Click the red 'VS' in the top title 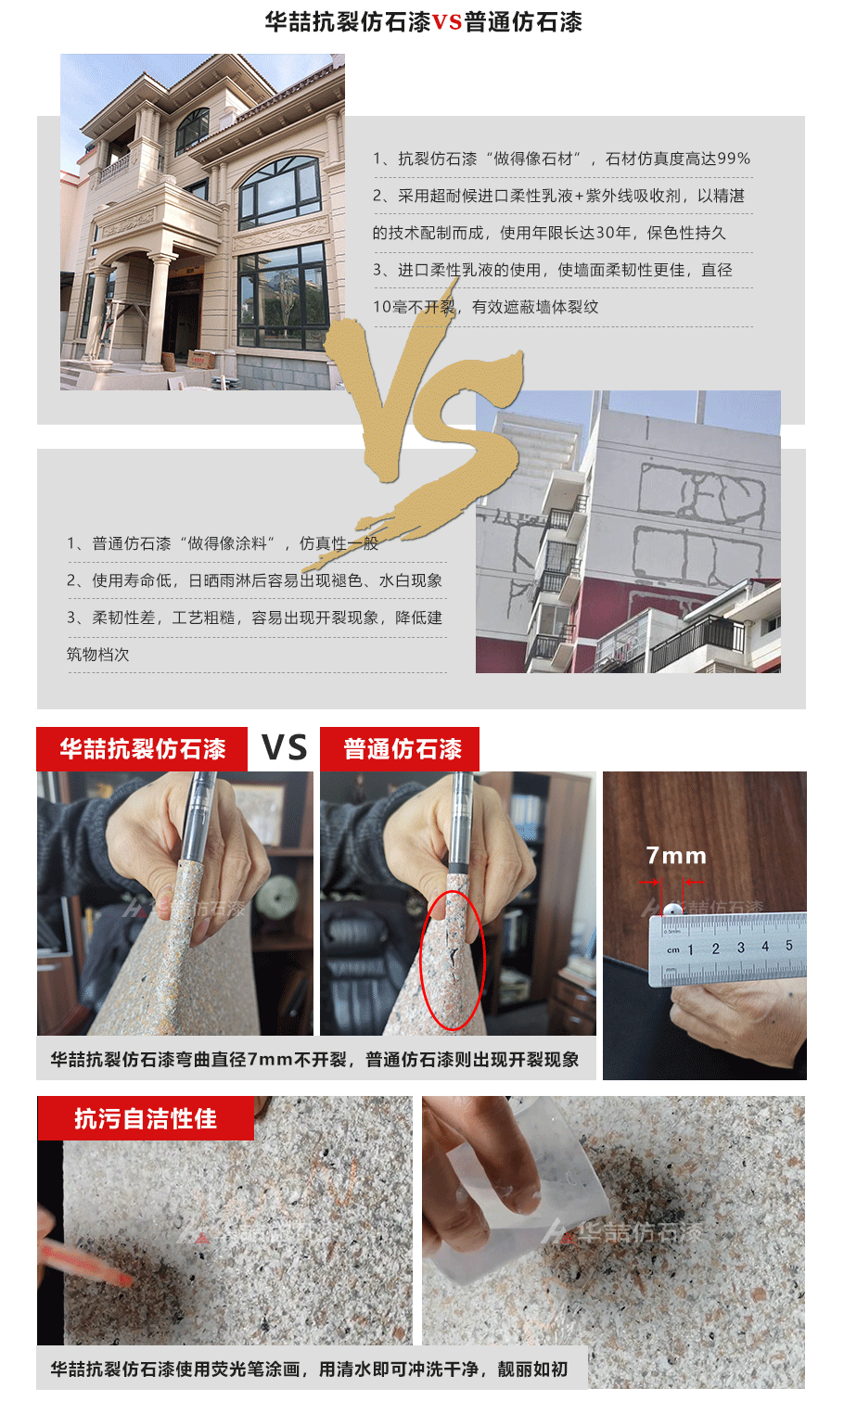[x=447, y=22]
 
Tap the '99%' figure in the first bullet [x=734, y=159]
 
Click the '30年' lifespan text [x=612, y=233]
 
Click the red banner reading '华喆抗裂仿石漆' [x=142, y=749]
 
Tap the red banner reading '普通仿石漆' [x=400, y=749]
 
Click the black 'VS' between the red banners [x=284, y=747]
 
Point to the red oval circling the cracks [x=452, y=960]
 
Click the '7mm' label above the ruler [x=676, y=856]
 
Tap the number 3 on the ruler [x=740, y=948]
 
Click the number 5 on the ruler [x=789, y=946]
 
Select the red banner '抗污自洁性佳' [x=146, y=1118]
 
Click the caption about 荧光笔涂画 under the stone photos [x=309, y=1369]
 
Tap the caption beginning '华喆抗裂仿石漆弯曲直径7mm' [x=314, y=1059]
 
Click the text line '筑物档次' [x=98, y=655]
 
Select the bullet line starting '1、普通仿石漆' [x=223, y=543]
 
